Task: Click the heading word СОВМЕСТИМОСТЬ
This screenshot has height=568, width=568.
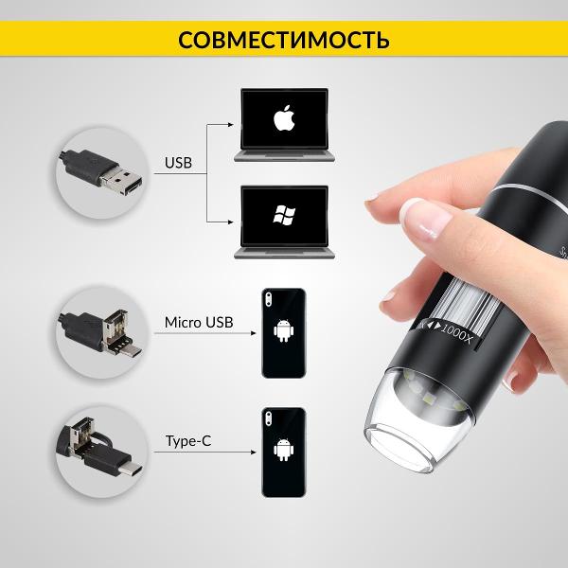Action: pyautogui.click(x=284, y=40)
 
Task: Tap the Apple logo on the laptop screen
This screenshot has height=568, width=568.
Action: pyautogui.click(x=284, y=117)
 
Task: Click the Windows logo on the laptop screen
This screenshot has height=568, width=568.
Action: pyautogui.click(x=284, y=215)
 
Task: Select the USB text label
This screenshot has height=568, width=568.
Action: pyautogui.click(x=178, y=163)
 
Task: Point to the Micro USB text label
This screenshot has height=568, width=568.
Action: pyautogui.click(x=199, y=323)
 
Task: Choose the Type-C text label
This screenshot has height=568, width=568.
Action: pyautogui.click(x=188, y=441)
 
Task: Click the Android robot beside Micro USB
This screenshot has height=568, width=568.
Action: pyautogui.click(x=284, y=330)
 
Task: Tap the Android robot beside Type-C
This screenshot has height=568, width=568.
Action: pyautogui.click(x=284, y=450)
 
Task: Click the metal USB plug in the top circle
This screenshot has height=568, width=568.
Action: pyautogui.click(x=121, y=180)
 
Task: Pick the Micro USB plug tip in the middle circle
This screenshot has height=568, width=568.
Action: pyautogui.click(x=132, y=350)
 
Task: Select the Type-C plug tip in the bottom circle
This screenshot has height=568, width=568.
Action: pyautogui.click(x=131, y=470)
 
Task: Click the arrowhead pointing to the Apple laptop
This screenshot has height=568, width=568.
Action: pyautogui.click(x=231, y=125)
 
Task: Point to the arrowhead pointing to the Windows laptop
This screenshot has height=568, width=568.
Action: pyautogui.click(x=231, y=222)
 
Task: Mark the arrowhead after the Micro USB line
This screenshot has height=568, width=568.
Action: pyautogui.click(x=254, y=333)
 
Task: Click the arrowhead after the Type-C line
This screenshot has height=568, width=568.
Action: pyautogui.click(x=254, y=453)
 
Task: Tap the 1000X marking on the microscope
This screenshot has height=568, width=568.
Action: pyautogui.click(x=457, y=333)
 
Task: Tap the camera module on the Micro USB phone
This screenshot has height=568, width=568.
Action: pyautogui.click(x=268, y=299)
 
